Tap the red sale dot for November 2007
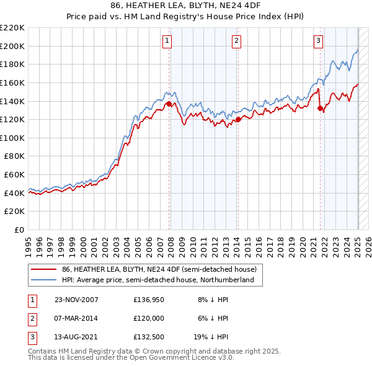pyautogui.click(x=169, y=104)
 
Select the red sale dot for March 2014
pyautogui.click(x=238, y=119)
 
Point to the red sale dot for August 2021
pyautogui.click(x=320, y=108)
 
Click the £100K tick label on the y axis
pyautogui.click(x=12, y=138)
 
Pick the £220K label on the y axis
pyautogui.click(x=12, y=27)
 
